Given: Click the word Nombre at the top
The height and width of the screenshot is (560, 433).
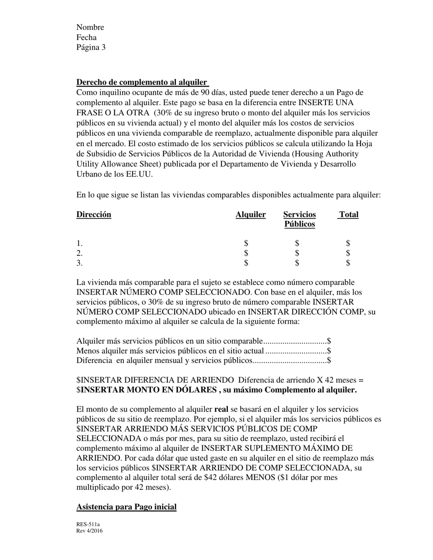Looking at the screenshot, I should coord(90,27).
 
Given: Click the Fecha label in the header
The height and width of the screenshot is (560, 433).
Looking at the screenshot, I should coord(87,37).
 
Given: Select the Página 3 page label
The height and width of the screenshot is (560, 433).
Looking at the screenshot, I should coord(91,47).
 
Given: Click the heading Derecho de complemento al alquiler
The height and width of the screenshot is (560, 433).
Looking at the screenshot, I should coord(142,82).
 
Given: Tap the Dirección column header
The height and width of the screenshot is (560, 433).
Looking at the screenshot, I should coord(93,214).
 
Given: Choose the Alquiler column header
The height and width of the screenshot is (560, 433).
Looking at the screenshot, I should coord(251,214).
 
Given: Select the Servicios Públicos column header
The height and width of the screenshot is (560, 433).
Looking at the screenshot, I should coord(299,219).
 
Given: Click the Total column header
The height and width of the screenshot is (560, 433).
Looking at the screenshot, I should coord(349,214).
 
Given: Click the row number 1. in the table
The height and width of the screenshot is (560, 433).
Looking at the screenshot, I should coord(80,244).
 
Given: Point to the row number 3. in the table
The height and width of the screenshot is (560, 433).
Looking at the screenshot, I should coord(80,263).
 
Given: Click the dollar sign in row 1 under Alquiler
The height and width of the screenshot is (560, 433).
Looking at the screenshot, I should coord(246,244).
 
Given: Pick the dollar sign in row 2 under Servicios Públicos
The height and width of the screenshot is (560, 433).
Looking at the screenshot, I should coord(297,253).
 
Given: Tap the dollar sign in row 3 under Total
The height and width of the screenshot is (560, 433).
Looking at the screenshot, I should coord(348,263).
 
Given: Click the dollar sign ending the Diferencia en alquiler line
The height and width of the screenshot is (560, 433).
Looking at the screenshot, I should coord(329,361).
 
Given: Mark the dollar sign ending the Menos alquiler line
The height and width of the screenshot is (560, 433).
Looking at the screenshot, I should coord(329,351).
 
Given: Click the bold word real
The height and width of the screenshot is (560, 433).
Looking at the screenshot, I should coord(222,410).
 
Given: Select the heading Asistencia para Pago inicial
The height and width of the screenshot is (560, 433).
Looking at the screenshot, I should coord(126,507).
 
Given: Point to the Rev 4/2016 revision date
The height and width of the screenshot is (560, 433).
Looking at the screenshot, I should coord(89,531).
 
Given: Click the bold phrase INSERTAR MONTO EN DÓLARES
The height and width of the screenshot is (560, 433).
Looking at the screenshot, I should coord(149,390).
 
